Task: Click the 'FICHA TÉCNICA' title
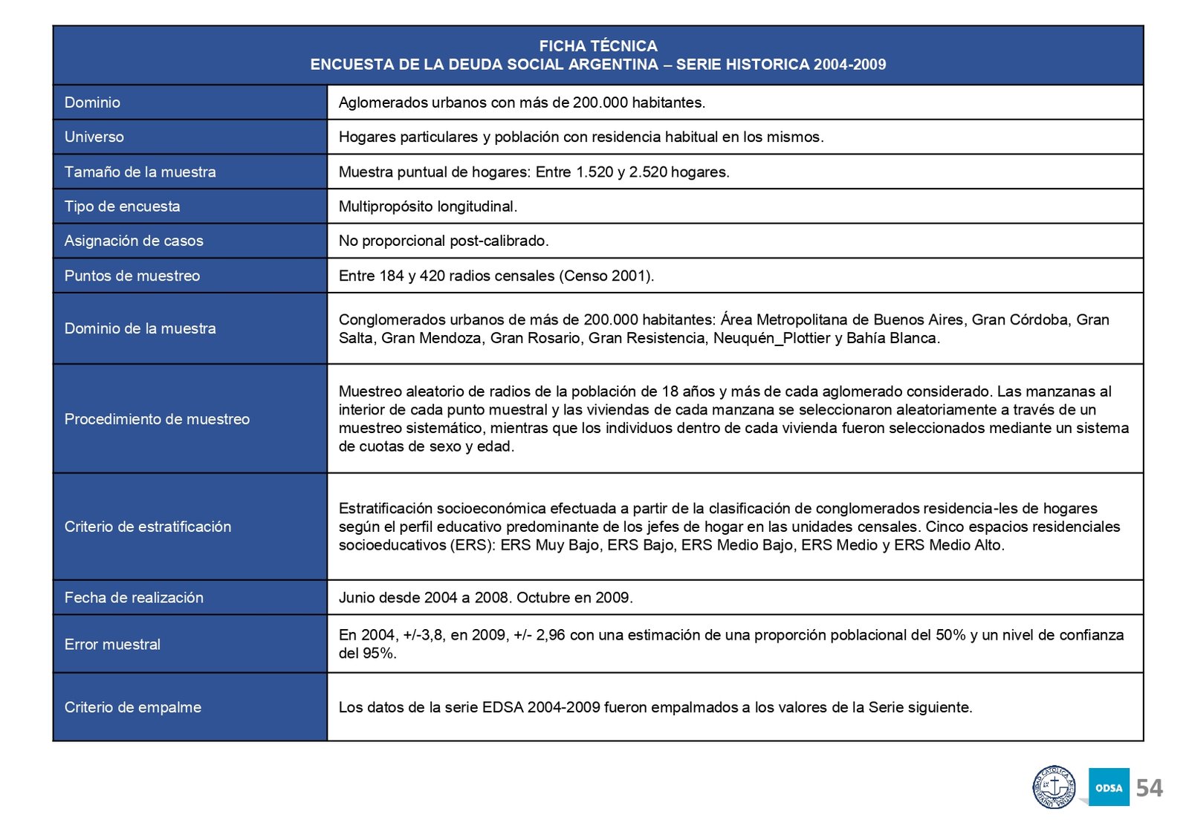[597, 46]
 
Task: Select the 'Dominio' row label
[92, 103]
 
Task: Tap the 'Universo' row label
[94, 137]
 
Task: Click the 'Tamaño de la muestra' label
[140, 172]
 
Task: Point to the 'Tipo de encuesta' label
[123, 206]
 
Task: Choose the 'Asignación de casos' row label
[134, 241]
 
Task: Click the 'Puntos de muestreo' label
[132, 276]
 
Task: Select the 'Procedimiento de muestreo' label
[157, 419]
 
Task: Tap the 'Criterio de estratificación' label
[148, 527]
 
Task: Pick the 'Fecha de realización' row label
[134, 597]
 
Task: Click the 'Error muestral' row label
[112, 644]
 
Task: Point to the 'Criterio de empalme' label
[133, 707]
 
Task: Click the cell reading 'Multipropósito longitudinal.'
[428, 206]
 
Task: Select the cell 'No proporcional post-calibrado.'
[444, 241]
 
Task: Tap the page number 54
[1149, 787]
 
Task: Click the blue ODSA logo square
[1109, 787]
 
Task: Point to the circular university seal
[1054, 787]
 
